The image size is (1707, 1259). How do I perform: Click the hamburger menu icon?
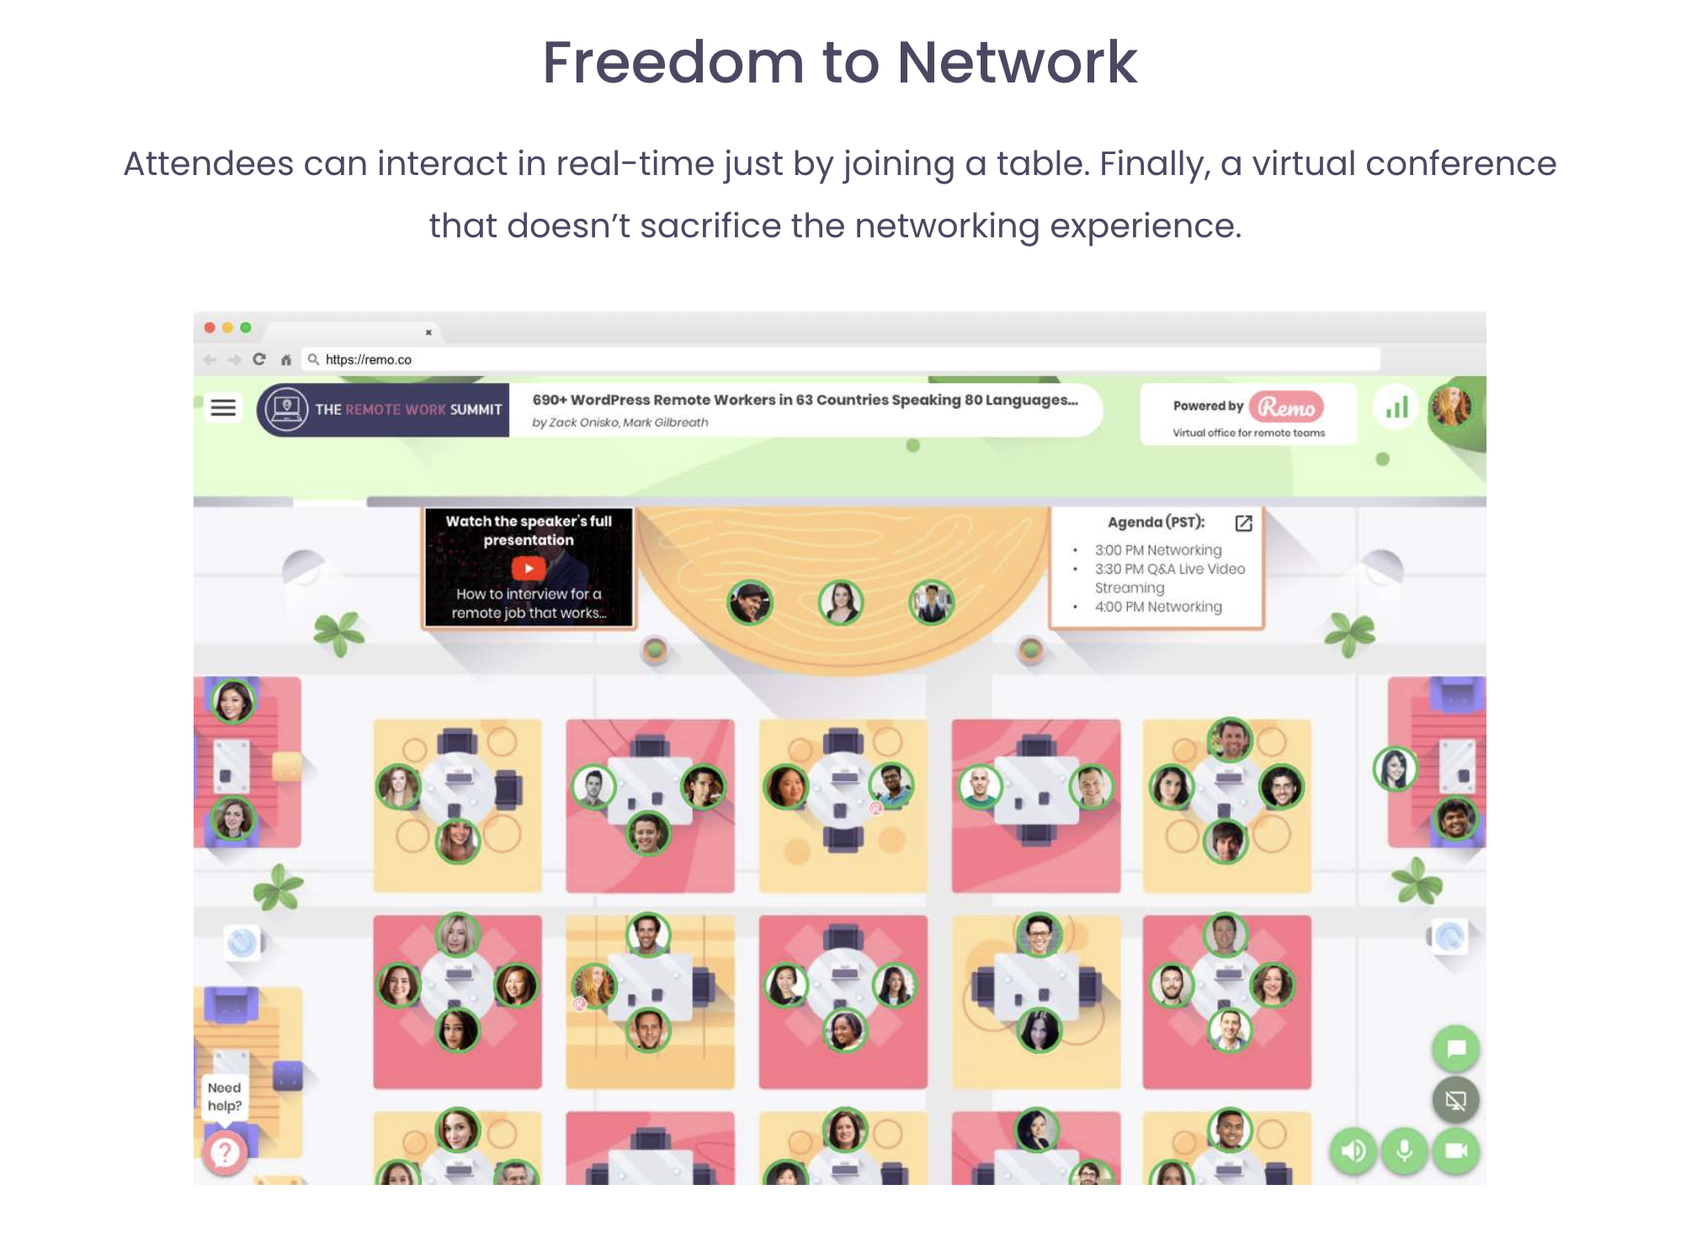coord(223,408)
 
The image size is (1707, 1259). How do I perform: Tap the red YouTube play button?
coord(529,568)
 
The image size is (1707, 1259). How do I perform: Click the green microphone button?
coord(1404,1150)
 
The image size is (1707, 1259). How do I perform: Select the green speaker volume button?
coord(1353,1150)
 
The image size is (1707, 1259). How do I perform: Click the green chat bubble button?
coord(1455,1049)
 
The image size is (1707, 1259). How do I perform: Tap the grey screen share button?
coord(1455,1100)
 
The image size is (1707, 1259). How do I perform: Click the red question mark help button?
coord(225,1152)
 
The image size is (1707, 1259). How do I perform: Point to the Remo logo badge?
coord(1286,407)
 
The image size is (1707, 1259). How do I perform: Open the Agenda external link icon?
coord(1243,523)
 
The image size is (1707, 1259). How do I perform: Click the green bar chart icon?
coord(1396,408)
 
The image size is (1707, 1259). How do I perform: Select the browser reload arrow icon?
coord(259,359)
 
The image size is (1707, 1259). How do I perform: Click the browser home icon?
coord(286,360)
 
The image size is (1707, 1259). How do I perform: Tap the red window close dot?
coord(210,327)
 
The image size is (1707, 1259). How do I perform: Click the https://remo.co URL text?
coord(369,359)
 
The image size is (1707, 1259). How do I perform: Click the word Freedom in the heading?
coord(673,63)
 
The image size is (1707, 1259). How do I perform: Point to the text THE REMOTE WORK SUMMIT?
coord(408,410)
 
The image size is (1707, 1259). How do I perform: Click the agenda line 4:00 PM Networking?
coord(1158,607)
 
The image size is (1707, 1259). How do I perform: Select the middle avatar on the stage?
coord(841,603)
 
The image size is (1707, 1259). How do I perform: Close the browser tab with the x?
coord(428,332)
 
